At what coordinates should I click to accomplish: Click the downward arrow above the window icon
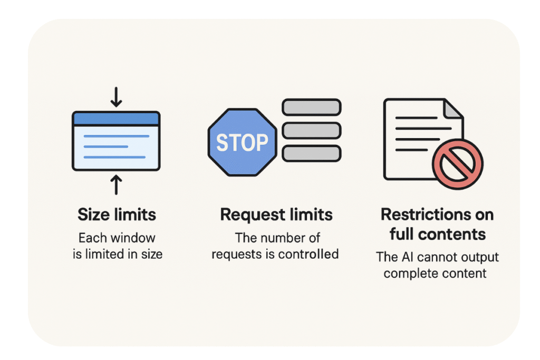pyautogui.click(x=116, y=96)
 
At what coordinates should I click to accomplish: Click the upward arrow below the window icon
pyautogui.click(x=116, y=185)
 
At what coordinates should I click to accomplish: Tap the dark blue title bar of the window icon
pyautogui.click(x=116, y=119)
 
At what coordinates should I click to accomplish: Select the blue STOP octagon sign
pyautogui.click(x=242, y=142)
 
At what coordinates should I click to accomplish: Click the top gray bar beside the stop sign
pyautogui.click(x=312, y=108)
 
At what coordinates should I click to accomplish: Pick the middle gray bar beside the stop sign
pyautogui.click(x=312, y=130)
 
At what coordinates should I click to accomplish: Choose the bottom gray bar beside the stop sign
pyautogui.click(x=312, y=153)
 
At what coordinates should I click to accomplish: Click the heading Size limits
pyautogui.click(x=117, y=215)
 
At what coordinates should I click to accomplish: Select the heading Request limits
pyautogui.click(x=276, y=215)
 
